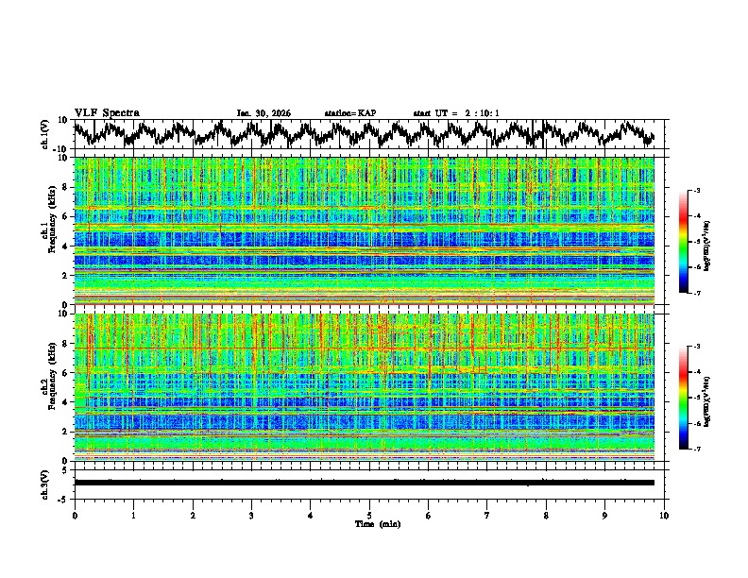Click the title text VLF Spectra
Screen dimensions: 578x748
coord(107,112)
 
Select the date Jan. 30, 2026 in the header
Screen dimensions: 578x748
coord(263,113)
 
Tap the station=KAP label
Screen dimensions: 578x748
coord(349,113)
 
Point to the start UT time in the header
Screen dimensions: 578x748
coord(456,113)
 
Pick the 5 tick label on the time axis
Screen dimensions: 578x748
coord(369,514)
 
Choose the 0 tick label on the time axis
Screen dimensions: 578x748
coord(75,514)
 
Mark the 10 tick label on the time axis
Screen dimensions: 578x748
coord(664,514)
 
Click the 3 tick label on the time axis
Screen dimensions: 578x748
coord(251,514)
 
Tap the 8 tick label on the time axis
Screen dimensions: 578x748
coord(546,514)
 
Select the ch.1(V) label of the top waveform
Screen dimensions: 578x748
coord(45,134)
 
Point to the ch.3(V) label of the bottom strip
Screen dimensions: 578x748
coord(45,483)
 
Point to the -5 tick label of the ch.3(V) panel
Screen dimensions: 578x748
coord(64,498)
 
